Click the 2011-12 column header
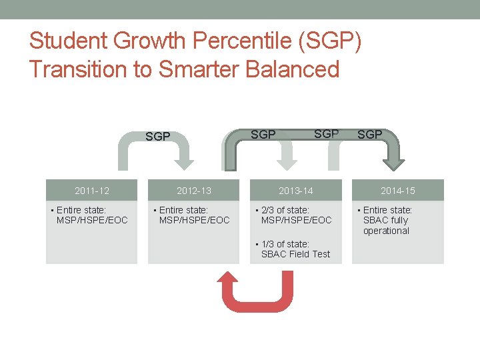(x=92, y=191)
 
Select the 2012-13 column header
(x=193, y=191)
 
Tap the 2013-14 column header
(x=295, y=191)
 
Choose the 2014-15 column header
(x=397, y=191)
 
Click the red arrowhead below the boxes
(x=229, y=280)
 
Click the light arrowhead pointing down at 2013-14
(x=287, y=162)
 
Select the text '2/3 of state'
(x=285, y=210)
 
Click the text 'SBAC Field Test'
(x=295, y=254)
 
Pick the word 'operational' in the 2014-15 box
(x=386, y=231)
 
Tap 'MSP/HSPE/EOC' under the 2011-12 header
(x=92, y=220)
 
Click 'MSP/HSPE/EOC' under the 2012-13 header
(x=194, y=220)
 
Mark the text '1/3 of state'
(x=285, y=244)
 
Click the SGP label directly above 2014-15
(x=369, y=135)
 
